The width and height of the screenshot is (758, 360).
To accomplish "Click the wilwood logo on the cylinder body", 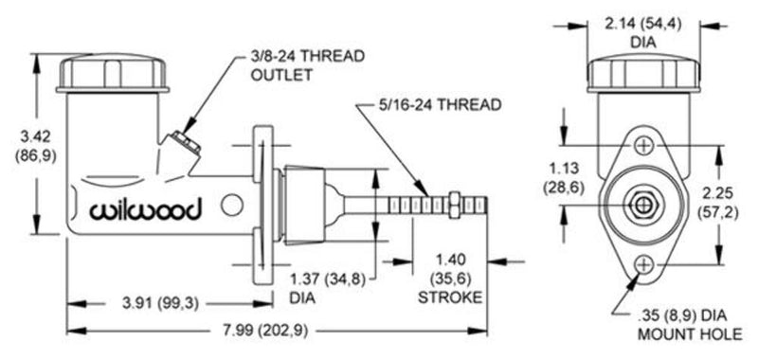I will pos(144,210).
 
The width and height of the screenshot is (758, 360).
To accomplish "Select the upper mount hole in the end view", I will pos(644,144).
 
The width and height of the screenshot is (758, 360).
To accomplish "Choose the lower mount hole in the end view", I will pos(644,263).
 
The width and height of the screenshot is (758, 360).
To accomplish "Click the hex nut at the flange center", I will pos(643,204).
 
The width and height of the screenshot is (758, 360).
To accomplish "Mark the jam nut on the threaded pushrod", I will pos(456,203).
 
